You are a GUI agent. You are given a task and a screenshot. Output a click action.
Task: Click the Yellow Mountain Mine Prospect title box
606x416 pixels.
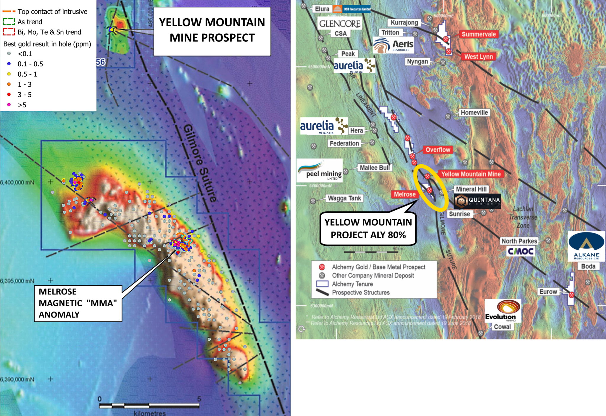coord(212,31)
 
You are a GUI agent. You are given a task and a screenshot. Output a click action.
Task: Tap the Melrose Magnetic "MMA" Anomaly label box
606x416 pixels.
coord(78,303)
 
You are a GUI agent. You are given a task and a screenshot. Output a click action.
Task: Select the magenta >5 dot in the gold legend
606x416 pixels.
coord(9,105)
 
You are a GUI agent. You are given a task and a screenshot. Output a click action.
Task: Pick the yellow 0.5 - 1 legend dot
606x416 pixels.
coord(9,74)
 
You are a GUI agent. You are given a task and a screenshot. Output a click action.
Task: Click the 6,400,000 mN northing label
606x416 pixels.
coord(17,182)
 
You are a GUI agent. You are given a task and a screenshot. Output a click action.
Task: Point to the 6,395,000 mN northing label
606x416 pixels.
coord(17,281)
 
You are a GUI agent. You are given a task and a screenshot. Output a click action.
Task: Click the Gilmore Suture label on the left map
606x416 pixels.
coord(200,163)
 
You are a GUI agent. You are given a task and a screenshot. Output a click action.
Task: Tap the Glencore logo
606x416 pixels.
coord(340,23)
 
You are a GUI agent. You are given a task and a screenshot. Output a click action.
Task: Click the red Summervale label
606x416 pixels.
coord(478,34)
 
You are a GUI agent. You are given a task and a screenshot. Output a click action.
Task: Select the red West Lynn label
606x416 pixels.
coord(478,57)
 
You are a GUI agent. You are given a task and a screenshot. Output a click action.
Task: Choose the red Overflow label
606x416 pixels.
coord(438,150)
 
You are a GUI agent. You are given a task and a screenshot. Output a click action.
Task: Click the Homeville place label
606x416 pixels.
coord(474,113)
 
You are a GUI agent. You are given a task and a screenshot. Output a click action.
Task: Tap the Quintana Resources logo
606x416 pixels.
coord(477,201)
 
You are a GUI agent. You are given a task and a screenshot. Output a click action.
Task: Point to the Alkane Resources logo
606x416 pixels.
coord(586,246)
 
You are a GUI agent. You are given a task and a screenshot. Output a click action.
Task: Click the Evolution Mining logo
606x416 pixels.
coord(502,310)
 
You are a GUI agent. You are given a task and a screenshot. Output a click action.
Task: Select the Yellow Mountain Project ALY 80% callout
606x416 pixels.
coord(368,229)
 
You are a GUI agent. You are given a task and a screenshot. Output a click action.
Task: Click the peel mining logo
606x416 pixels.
coord(320,170)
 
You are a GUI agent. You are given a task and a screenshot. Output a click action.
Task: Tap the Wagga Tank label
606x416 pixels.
coord(344,198)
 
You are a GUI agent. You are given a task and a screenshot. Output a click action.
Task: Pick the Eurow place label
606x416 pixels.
coord(548,292)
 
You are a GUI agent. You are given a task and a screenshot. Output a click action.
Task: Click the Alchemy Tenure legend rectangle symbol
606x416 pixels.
coord(322,284)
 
